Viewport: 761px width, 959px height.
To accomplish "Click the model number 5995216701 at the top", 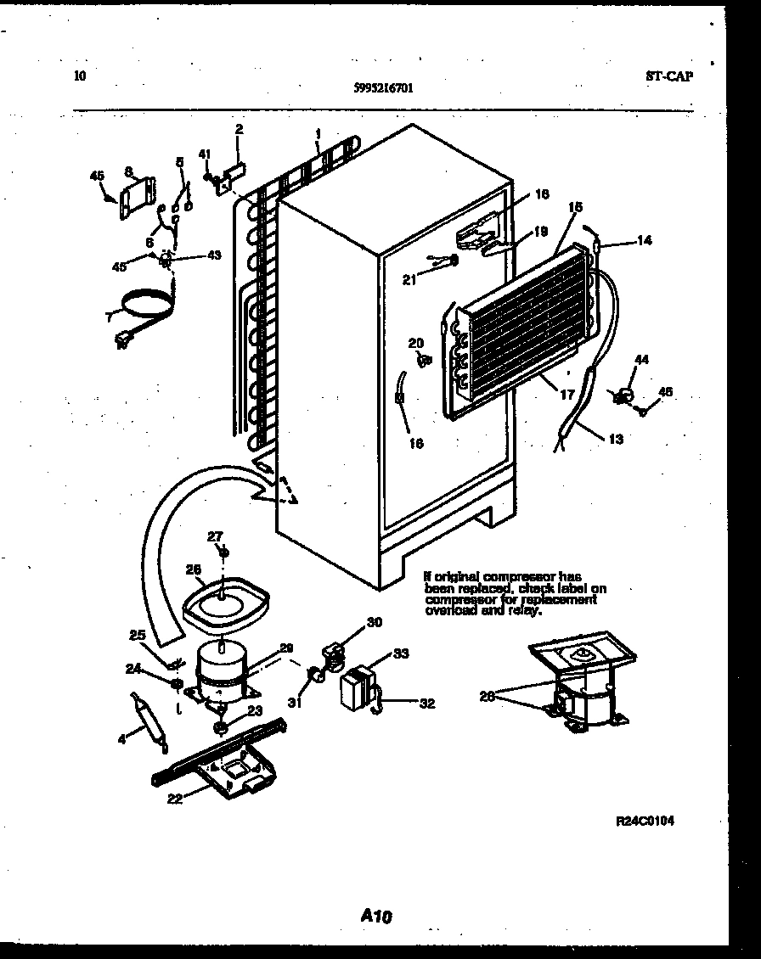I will tap(384, 87).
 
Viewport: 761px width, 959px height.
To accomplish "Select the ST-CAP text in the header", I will tap(668, 76).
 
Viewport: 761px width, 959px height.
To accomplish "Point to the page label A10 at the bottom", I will tap(376, 916).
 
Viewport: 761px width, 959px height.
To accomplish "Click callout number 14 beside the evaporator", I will tap(643, 241).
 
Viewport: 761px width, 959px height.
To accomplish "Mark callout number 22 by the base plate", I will tap(175, 798).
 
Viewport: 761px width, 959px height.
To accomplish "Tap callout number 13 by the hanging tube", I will tap(615, 439).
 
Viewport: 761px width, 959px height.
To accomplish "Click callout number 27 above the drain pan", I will tap(216, 536).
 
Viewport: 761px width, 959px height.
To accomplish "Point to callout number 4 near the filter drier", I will tap(121, 738).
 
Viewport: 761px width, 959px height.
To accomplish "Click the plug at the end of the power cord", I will tap(125, 341).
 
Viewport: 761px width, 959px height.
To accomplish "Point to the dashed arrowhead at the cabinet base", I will tap(290, 499).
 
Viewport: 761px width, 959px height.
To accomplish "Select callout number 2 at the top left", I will tap(239, 129).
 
